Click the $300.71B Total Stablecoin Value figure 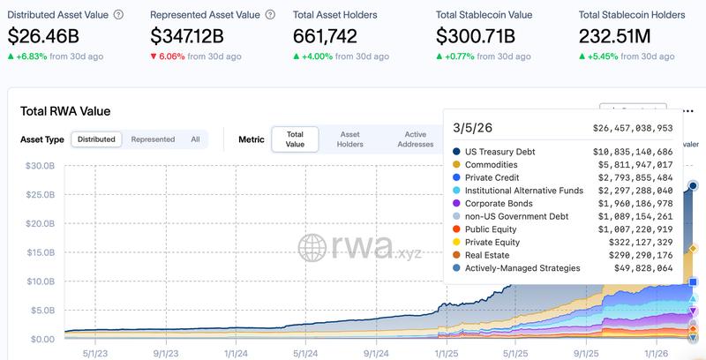pos(482,36)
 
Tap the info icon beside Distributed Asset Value pos(119,15)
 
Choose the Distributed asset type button pos(95,139)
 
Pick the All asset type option pos(195,139)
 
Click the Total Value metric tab pos(295,139)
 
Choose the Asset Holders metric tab pos(350,139)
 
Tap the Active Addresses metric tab pos(415,139)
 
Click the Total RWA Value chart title pos(65,111)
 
